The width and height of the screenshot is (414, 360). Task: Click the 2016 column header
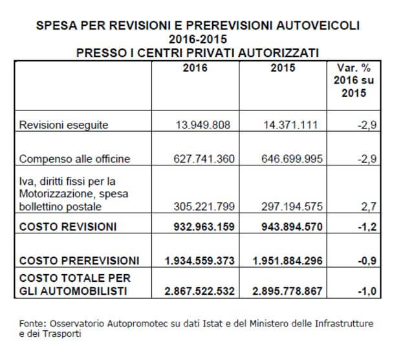[195, 68]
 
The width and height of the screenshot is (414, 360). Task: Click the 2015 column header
[283, 68]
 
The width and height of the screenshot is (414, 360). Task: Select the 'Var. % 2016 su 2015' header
[354, 80]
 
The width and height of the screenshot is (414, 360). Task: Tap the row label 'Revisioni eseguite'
[63, 125]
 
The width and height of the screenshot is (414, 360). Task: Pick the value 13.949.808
[203, 125]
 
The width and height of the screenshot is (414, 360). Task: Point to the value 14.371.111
[290, 125]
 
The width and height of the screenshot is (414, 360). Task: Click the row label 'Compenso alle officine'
[75, 159]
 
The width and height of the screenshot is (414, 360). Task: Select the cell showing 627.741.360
[204, 159]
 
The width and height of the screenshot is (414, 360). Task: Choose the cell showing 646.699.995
[292, 159]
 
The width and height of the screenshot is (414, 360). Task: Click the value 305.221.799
[204, 207]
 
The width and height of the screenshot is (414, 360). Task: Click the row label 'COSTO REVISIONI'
[68, 227]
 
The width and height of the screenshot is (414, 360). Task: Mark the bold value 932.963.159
[204, 227]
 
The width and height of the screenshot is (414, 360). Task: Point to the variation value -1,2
[367, 227]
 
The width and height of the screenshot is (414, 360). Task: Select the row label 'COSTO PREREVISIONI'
[79, 260]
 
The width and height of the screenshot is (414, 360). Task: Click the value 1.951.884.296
[287, 260]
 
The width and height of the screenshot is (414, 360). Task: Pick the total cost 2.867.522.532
[200, 291]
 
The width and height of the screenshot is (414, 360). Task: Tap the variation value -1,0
[367, 291]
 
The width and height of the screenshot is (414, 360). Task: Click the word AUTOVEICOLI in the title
[318, 26]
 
